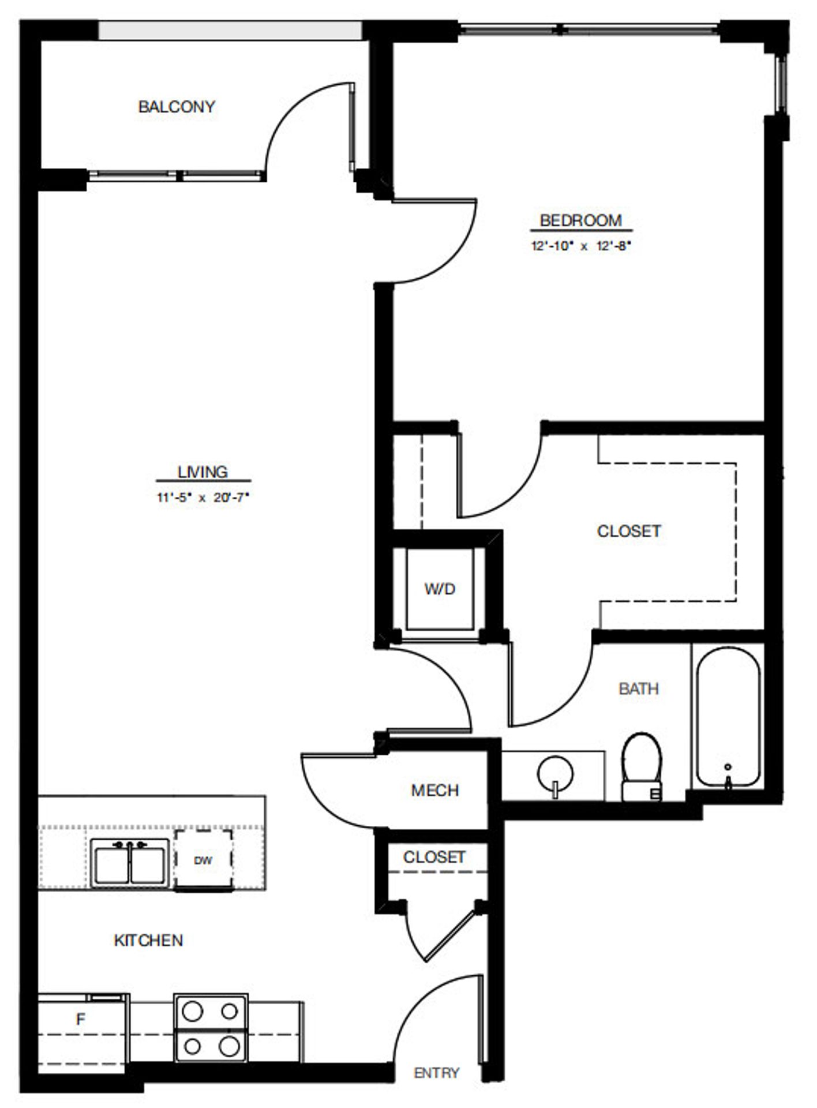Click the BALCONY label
(177, 107)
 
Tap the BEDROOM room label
(580, 220)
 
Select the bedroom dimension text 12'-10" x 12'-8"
(580, 246)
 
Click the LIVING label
(203, 472)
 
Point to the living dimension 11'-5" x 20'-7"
(203, 497)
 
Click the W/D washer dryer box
(440, 589)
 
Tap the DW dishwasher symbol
(203, 860)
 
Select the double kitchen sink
(130, 862)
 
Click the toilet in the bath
(642, 768)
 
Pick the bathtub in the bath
(728, 718)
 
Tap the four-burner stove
(211, 1028)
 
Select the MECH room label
(434, 790)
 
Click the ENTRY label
(437, 1073)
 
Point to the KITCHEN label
(148, 941)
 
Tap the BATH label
(638, 688)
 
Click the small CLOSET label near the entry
(434, 857)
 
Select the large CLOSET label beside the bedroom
(628, 531)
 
